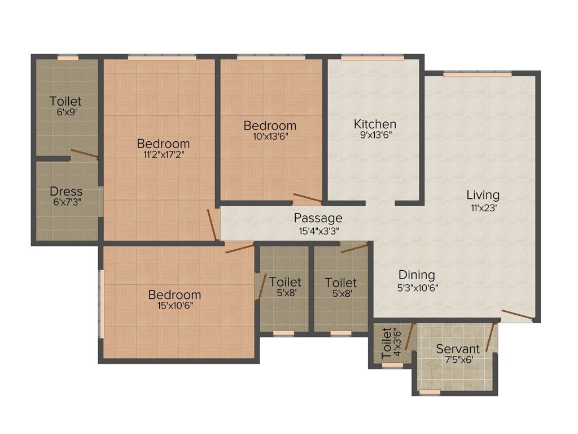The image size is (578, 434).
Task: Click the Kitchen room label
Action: [375, 124]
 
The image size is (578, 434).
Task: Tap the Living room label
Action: [483, 195]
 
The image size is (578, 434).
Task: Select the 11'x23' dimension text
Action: [483, 207]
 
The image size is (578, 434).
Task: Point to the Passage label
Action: [318, 218]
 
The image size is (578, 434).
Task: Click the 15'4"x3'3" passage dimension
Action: [318, 231]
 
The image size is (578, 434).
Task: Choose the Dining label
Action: [417, 275]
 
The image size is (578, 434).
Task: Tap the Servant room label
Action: [458, 349]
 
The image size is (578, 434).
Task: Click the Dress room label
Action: [66, 191]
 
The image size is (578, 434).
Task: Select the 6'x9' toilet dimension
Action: [65, 112]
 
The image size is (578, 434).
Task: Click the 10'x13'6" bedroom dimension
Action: [269, 136]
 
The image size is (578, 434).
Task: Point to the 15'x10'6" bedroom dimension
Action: [174, 306]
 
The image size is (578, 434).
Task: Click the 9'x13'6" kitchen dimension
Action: [375, 136]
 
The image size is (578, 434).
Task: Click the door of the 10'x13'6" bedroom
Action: [308, 198]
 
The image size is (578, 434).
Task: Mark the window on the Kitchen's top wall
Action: [373, 57]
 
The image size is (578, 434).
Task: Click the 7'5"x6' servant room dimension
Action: [458, 360]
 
